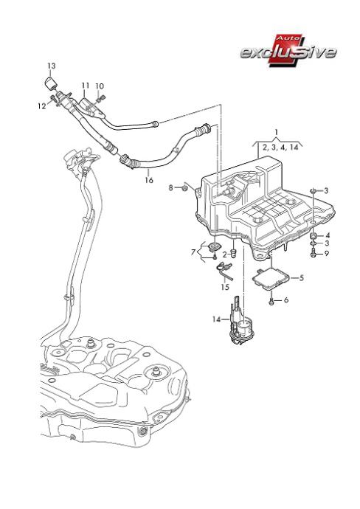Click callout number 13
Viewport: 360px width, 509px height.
tap(52, 66)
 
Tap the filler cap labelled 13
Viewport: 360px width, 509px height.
tap(50, 83)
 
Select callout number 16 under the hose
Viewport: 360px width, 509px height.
tap(149, 180)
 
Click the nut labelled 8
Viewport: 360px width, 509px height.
tap(184, 187)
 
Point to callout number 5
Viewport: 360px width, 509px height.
tap(302, 278)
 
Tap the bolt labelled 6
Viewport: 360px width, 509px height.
tap(271, 301)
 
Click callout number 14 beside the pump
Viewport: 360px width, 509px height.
tap(217, 319)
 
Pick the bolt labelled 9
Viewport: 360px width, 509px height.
tap(314, 254)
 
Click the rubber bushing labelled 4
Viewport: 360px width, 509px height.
tap(314, 235)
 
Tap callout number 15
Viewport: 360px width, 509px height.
tap(225, 287)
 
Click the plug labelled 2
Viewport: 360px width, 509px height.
tap(234, 252)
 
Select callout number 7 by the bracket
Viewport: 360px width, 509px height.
tap(193, 252)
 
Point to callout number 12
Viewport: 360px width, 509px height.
tap(42, 106)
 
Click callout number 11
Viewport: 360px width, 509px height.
tap(86, 86)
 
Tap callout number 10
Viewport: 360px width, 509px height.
tap(100, 86)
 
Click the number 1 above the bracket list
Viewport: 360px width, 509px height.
tap(277, 133)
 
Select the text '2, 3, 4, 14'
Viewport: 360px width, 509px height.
tap(280, 148)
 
